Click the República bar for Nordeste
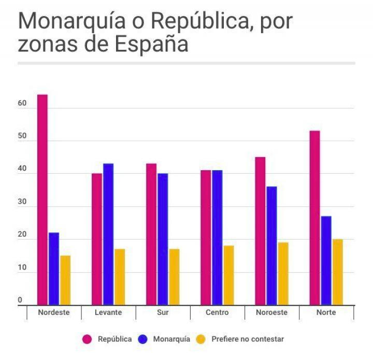(x=42, y=200)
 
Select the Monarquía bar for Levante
(x=108, y=234)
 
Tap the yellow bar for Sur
(x=174, y=277)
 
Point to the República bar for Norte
(x=314, y=218)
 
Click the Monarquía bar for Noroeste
(x=271, y=245)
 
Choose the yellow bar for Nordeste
(x=65, y=280)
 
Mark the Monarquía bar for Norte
(x=326, y=260)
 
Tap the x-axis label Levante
(x=108, y=312)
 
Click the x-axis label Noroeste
(x=272, y=312)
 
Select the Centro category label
(x=217, y=312)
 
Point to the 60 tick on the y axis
(x=21, y=104)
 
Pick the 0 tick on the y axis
(x=21, y=300)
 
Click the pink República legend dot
(x=88, y=339)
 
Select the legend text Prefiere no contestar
(x=247, y=339)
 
